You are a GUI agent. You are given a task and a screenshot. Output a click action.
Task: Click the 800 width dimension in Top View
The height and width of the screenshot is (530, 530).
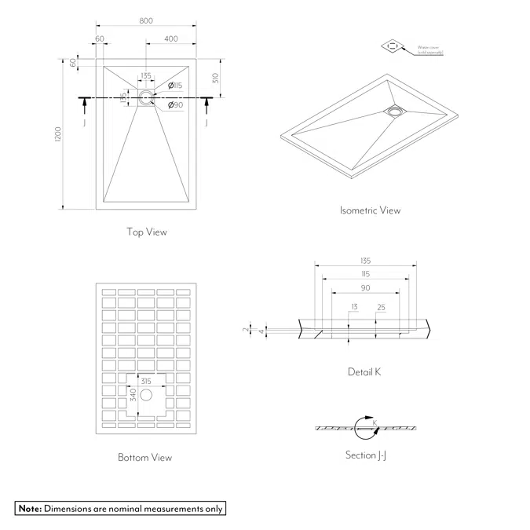coord(146,20)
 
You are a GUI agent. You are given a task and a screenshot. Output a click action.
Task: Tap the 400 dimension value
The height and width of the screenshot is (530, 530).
coord(171,39)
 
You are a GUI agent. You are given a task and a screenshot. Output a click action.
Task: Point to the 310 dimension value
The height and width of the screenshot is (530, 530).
coord(214,78)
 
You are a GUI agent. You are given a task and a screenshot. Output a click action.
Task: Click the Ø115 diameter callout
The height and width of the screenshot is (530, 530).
coord(175,86)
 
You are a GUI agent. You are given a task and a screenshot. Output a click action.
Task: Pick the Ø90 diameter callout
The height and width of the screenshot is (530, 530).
coord(175,105)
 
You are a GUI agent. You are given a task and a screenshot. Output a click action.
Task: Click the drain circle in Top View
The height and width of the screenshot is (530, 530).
coord(146,97)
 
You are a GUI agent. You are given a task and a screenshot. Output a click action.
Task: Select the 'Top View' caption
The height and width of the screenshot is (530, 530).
coord(147,232)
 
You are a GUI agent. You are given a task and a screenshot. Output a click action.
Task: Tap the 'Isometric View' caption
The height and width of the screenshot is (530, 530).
coord(370,210)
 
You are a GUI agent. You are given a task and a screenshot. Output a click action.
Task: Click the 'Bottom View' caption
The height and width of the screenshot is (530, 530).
coord(144,457)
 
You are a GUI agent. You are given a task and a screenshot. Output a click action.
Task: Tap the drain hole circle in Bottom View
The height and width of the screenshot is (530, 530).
coord(146,396)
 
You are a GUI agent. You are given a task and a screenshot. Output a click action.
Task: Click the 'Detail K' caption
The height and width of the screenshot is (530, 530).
coord(364,371)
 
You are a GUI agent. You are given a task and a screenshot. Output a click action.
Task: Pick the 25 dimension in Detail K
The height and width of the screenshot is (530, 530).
coord(381,307)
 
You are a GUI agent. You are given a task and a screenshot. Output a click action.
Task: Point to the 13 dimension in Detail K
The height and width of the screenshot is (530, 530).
coord(354,307)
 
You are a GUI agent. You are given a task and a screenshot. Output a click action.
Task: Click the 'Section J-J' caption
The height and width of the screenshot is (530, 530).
coord(365,455)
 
